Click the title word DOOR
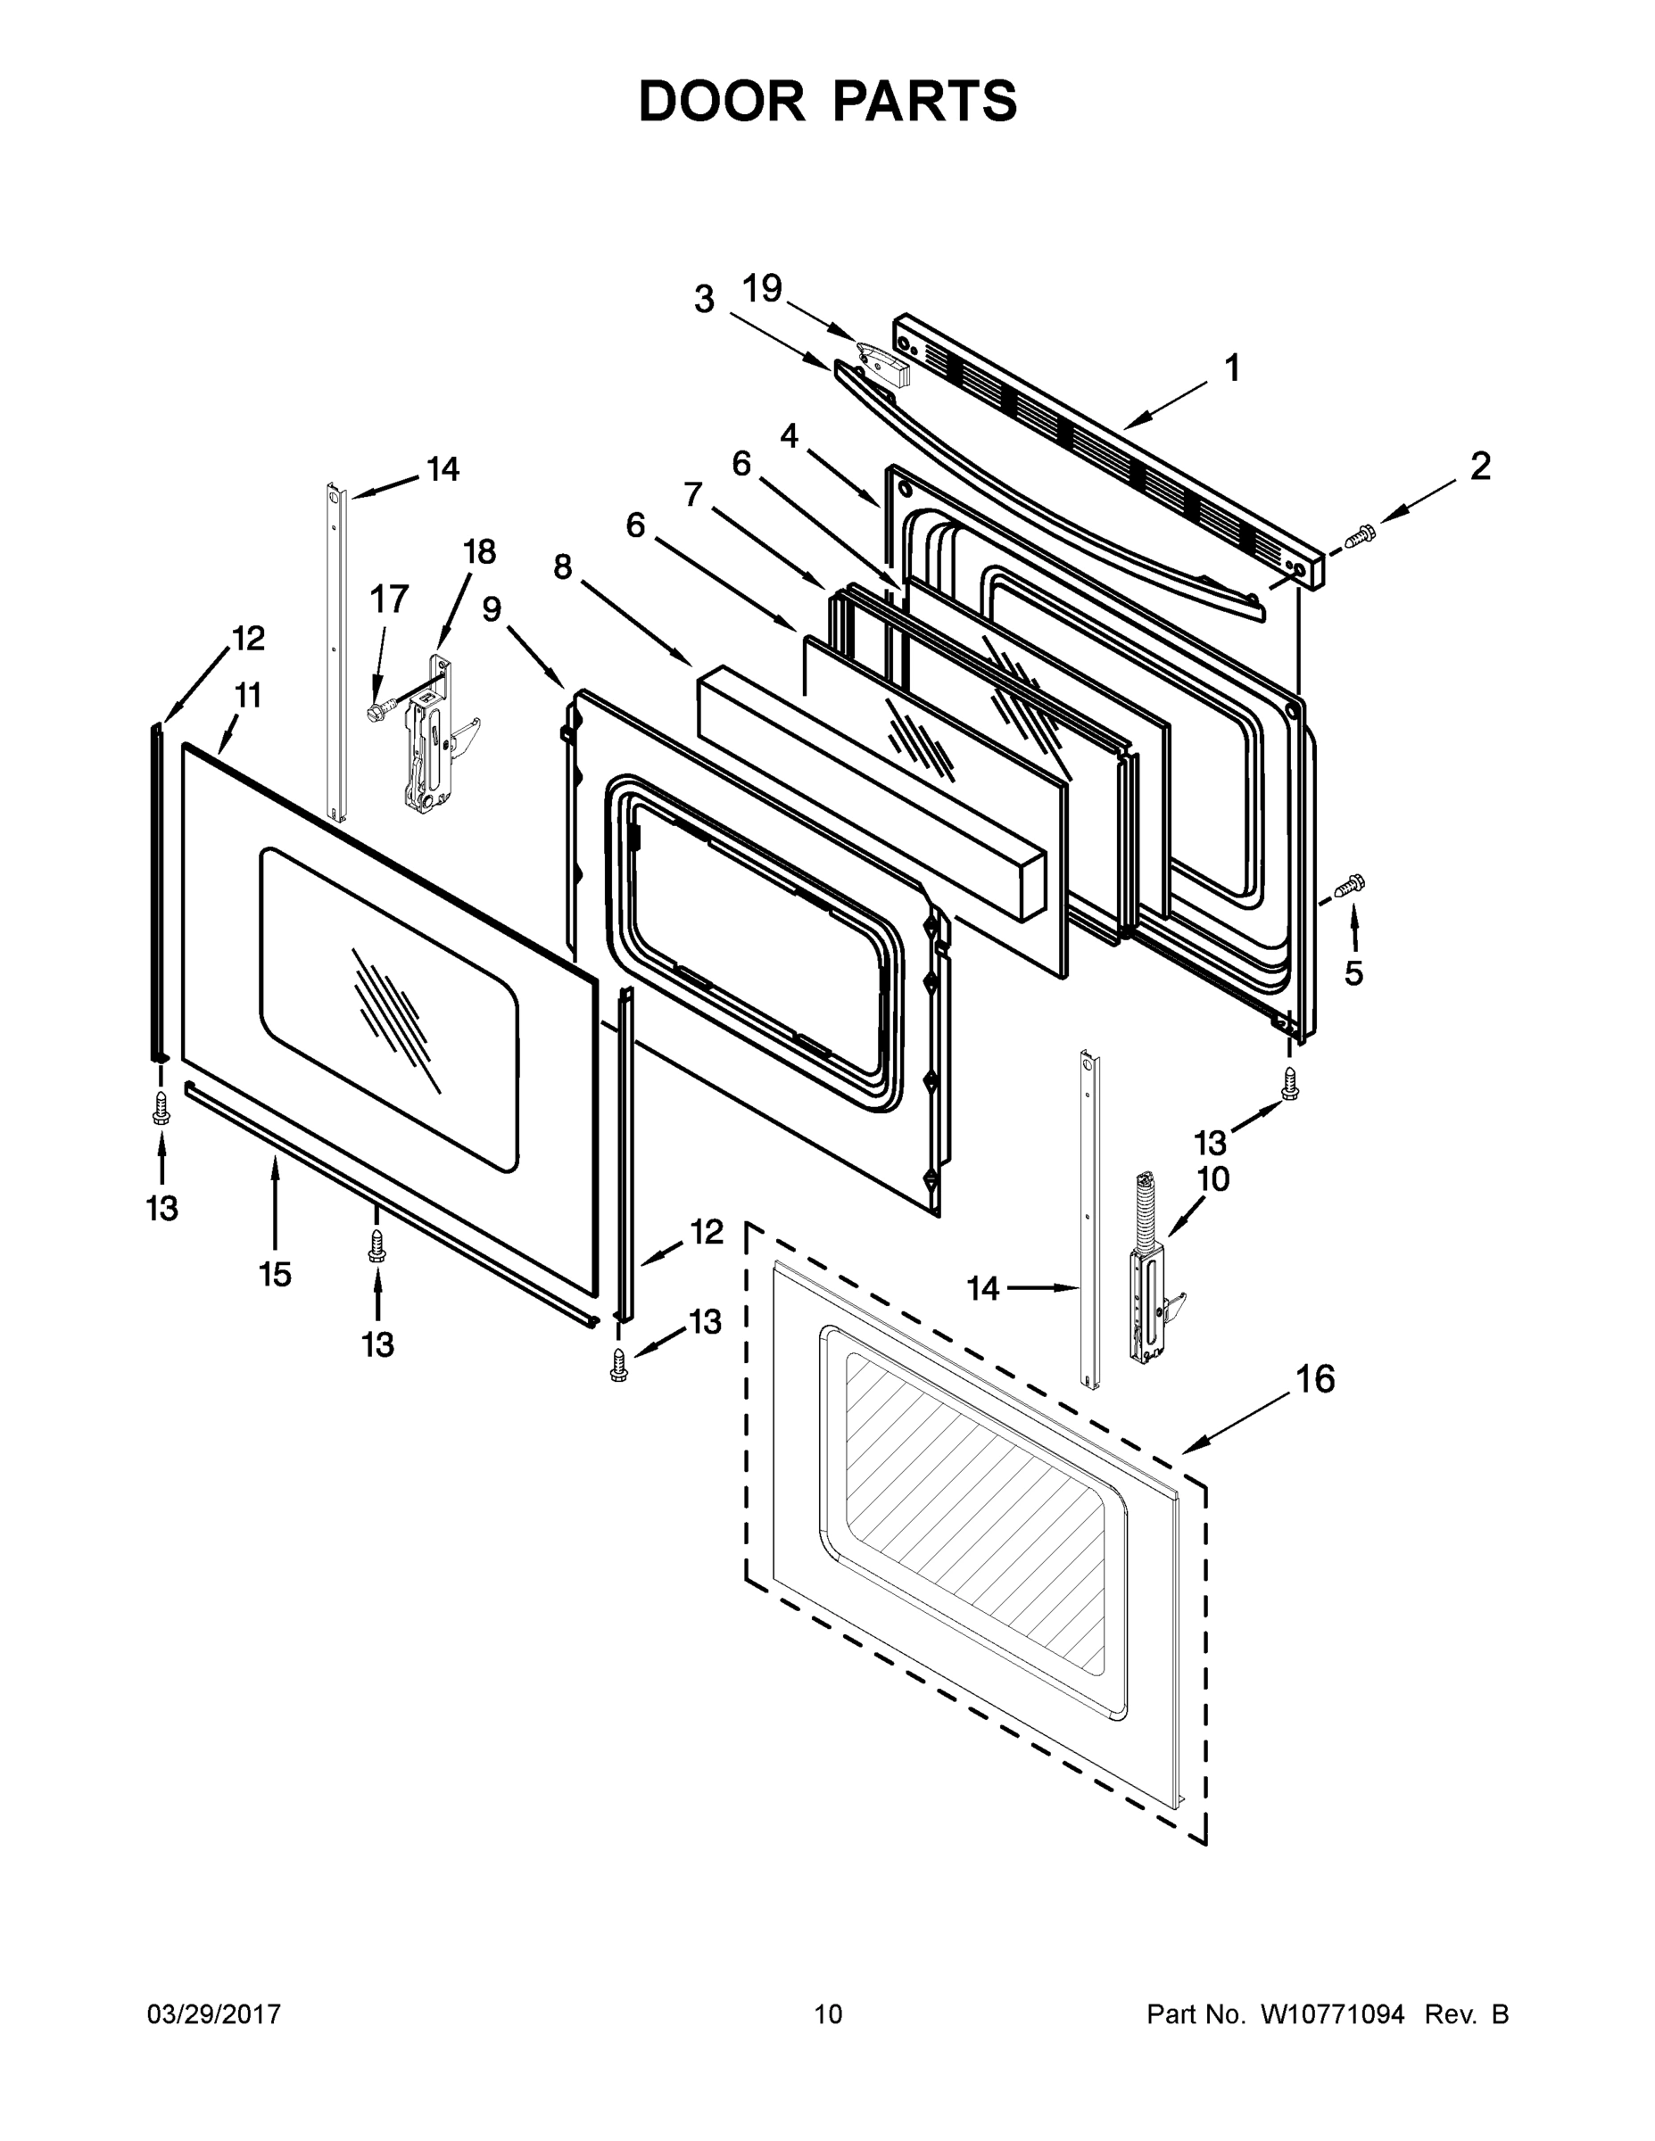(x=721, y=101)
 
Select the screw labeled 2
(x=1360, y=536)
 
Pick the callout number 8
(x=562, y=566)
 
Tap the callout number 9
(x=492, y=610)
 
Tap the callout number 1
(x=1232, y=368)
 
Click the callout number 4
(x=789, y=435)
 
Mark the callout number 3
(x=704, y=299)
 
